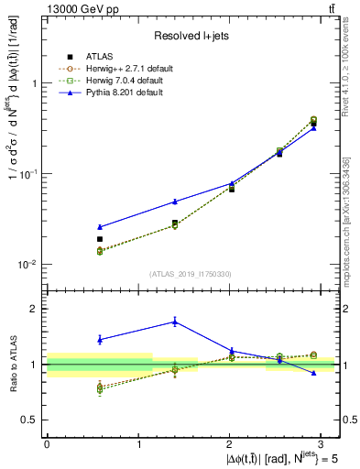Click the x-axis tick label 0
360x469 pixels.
pos(47,444)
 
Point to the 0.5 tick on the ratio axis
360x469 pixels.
pos(30,420)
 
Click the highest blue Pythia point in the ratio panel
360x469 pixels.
pos(175,322)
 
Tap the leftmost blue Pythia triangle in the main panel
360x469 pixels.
pos(99,226)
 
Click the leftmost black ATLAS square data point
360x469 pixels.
pos(99,239)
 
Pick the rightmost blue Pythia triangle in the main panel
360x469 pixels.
pos(314,128)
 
